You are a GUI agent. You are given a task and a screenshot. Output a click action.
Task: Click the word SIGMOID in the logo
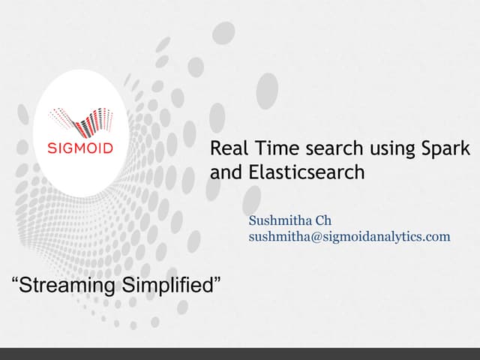pyautogui.click(x=80, y=148)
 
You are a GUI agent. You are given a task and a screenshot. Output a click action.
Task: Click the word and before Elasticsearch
pyautogui.click(x=223, y=172)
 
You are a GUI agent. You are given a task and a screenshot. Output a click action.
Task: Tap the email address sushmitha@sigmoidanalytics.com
pyautogui.click(x=349, y=236)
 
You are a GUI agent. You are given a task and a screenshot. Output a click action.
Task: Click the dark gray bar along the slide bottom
pyautogui.click(x=240, y=353)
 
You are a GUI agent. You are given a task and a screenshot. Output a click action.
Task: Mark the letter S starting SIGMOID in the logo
pyautogui.click(x=52, y=148)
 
